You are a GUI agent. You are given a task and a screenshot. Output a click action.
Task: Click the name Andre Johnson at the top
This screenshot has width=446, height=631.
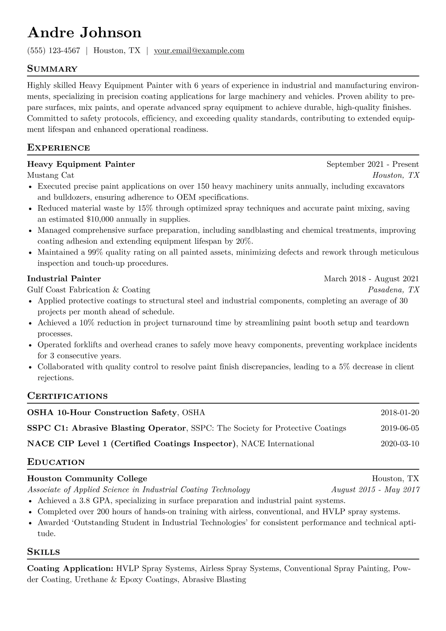[x=84, y=33]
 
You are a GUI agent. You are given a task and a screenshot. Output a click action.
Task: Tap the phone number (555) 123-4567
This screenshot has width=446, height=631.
[x=54, y=51]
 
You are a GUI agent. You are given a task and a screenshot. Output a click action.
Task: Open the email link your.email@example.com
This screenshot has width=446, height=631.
[x=199, y=51]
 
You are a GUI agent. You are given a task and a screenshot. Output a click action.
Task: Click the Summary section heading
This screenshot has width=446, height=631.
[x=52, y=69]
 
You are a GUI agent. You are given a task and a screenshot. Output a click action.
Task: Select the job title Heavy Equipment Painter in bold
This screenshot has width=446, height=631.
[x=81, y=164]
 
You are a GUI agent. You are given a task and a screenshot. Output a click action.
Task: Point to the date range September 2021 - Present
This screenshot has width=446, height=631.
[x=373, y=164]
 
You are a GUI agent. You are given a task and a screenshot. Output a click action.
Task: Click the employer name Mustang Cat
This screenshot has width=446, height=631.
[x=51, y=175]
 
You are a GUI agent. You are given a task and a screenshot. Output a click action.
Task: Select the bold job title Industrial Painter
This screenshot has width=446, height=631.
[x=64, y=279]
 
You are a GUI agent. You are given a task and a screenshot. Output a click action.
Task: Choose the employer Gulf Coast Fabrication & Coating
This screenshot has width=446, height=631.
[x=88, y=289]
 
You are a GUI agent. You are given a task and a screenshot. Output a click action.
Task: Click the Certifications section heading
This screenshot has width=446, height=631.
[x=67, y=396]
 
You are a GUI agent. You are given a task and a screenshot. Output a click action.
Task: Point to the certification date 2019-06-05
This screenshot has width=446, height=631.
[x=400, y=428]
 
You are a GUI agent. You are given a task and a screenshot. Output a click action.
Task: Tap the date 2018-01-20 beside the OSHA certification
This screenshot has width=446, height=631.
[x=400, y=413]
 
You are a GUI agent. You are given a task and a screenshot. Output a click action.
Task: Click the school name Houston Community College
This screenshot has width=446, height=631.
[x=87, y=478]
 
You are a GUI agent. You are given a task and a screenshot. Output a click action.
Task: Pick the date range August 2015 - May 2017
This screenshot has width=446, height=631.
[x=376, y=490]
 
